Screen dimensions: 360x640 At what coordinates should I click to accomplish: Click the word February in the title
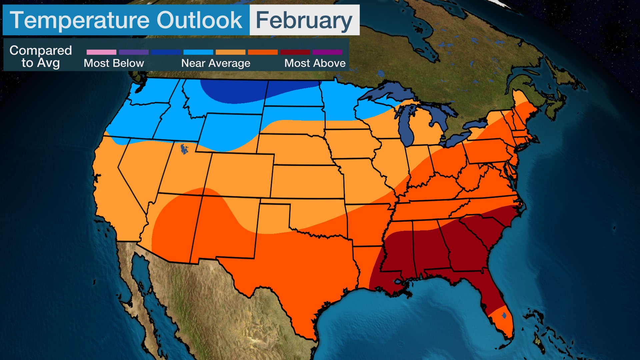[304, 21]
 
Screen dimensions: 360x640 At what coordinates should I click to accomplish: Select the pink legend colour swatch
[101, 52]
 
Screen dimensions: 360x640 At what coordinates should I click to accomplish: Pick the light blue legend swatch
[198, 52]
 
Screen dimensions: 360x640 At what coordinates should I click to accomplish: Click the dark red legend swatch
[295, 52]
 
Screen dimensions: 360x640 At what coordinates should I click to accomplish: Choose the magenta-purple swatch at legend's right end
[327, 52]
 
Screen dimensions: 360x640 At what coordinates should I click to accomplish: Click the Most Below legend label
[114, 63]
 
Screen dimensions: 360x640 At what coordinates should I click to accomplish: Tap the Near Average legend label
[216, 63]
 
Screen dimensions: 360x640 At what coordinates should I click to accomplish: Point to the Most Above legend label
[315, 63]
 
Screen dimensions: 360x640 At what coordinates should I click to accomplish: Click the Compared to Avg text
[41, 57]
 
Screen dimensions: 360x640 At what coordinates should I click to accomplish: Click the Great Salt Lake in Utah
[184, 149]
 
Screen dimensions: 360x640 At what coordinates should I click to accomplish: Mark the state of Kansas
[307, 182]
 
